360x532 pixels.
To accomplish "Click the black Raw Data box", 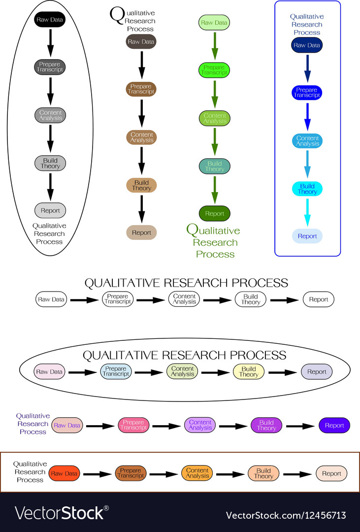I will (x=50, y=20).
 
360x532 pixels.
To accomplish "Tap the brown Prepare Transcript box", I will (x=141, y=89).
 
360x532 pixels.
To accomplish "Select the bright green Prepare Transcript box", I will (x=214, y=70).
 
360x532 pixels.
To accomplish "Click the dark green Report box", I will (x=214, y=214).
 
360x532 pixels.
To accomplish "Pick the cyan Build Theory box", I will (x=307, y=189).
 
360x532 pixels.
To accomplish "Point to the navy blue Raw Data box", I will (x=307, y=45).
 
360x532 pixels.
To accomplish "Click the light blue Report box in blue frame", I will (x=307, y=236).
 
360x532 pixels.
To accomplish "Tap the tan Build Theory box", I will (x=141, y=186).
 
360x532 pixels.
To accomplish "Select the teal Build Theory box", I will (x=214, y=166).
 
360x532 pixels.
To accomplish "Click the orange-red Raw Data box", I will (x=64, y=474).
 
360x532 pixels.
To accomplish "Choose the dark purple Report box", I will (x=334, y=426).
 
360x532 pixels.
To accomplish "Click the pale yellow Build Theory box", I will (x=249, y=372).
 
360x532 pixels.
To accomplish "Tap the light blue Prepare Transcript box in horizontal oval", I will (x=116, y=372).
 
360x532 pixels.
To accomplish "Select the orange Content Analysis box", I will (x=197, y=474).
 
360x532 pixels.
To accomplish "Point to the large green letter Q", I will (x=193, y=230).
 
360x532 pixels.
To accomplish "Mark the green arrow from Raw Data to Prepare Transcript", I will (x=215, y=46).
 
